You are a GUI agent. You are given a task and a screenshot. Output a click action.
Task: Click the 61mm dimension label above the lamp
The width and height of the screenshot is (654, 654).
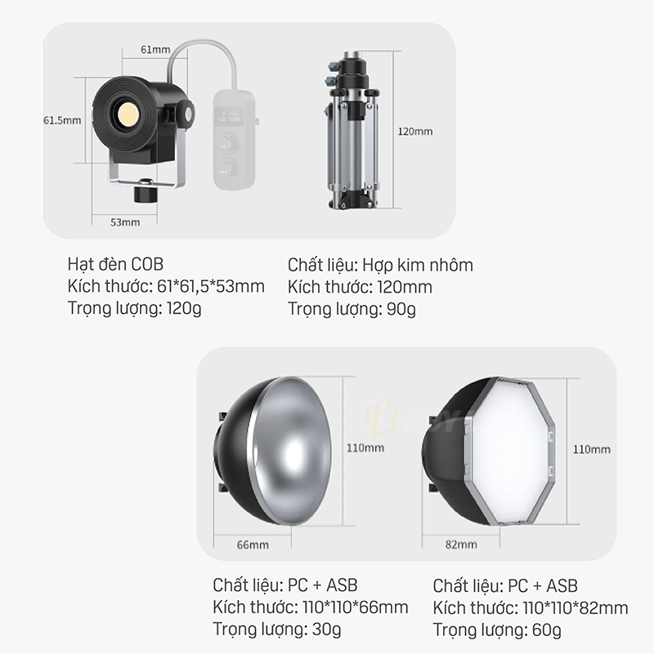click(155, 50)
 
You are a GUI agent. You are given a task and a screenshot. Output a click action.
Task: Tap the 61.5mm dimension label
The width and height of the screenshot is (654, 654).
click(62, 120)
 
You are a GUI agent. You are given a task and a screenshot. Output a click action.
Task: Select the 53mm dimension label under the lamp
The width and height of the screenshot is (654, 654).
click(125, 222)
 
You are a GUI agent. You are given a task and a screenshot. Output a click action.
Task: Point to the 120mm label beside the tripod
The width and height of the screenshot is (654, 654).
click(415, 132)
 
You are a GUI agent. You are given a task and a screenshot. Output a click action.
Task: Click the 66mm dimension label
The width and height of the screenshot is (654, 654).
click(253, 544)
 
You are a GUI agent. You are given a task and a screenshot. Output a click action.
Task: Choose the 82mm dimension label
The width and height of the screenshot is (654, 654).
click(461, 544)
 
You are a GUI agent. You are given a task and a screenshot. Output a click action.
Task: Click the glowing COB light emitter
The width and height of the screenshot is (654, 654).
click(128, 114)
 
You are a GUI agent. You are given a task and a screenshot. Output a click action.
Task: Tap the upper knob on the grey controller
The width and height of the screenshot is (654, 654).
click(229, 144)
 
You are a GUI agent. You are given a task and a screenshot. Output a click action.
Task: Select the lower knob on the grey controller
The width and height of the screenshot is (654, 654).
click(228, 168)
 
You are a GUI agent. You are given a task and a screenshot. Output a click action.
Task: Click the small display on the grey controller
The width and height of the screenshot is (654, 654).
click(229, 116)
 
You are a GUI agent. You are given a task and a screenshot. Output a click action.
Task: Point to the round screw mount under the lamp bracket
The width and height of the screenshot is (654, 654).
click(145, 193)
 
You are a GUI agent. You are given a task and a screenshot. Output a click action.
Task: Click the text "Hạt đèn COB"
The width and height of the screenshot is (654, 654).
click(115, 264)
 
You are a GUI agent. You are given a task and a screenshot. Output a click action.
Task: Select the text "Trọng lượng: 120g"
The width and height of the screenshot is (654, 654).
click(134, 309)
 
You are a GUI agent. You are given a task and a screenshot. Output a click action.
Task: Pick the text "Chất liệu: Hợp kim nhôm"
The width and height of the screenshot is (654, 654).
click(380, 265)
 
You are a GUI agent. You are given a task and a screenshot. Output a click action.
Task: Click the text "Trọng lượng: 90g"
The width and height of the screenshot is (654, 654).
click(352, 310)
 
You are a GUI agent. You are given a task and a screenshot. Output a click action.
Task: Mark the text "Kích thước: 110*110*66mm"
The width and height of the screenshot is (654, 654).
click(311, 607)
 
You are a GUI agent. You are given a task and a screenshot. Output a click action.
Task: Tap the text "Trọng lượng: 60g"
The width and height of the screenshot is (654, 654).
click(497, 629)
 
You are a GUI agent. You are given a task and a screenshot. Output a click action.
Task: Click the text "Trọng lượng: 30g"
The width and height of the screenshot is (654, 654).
click(277, 629)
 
